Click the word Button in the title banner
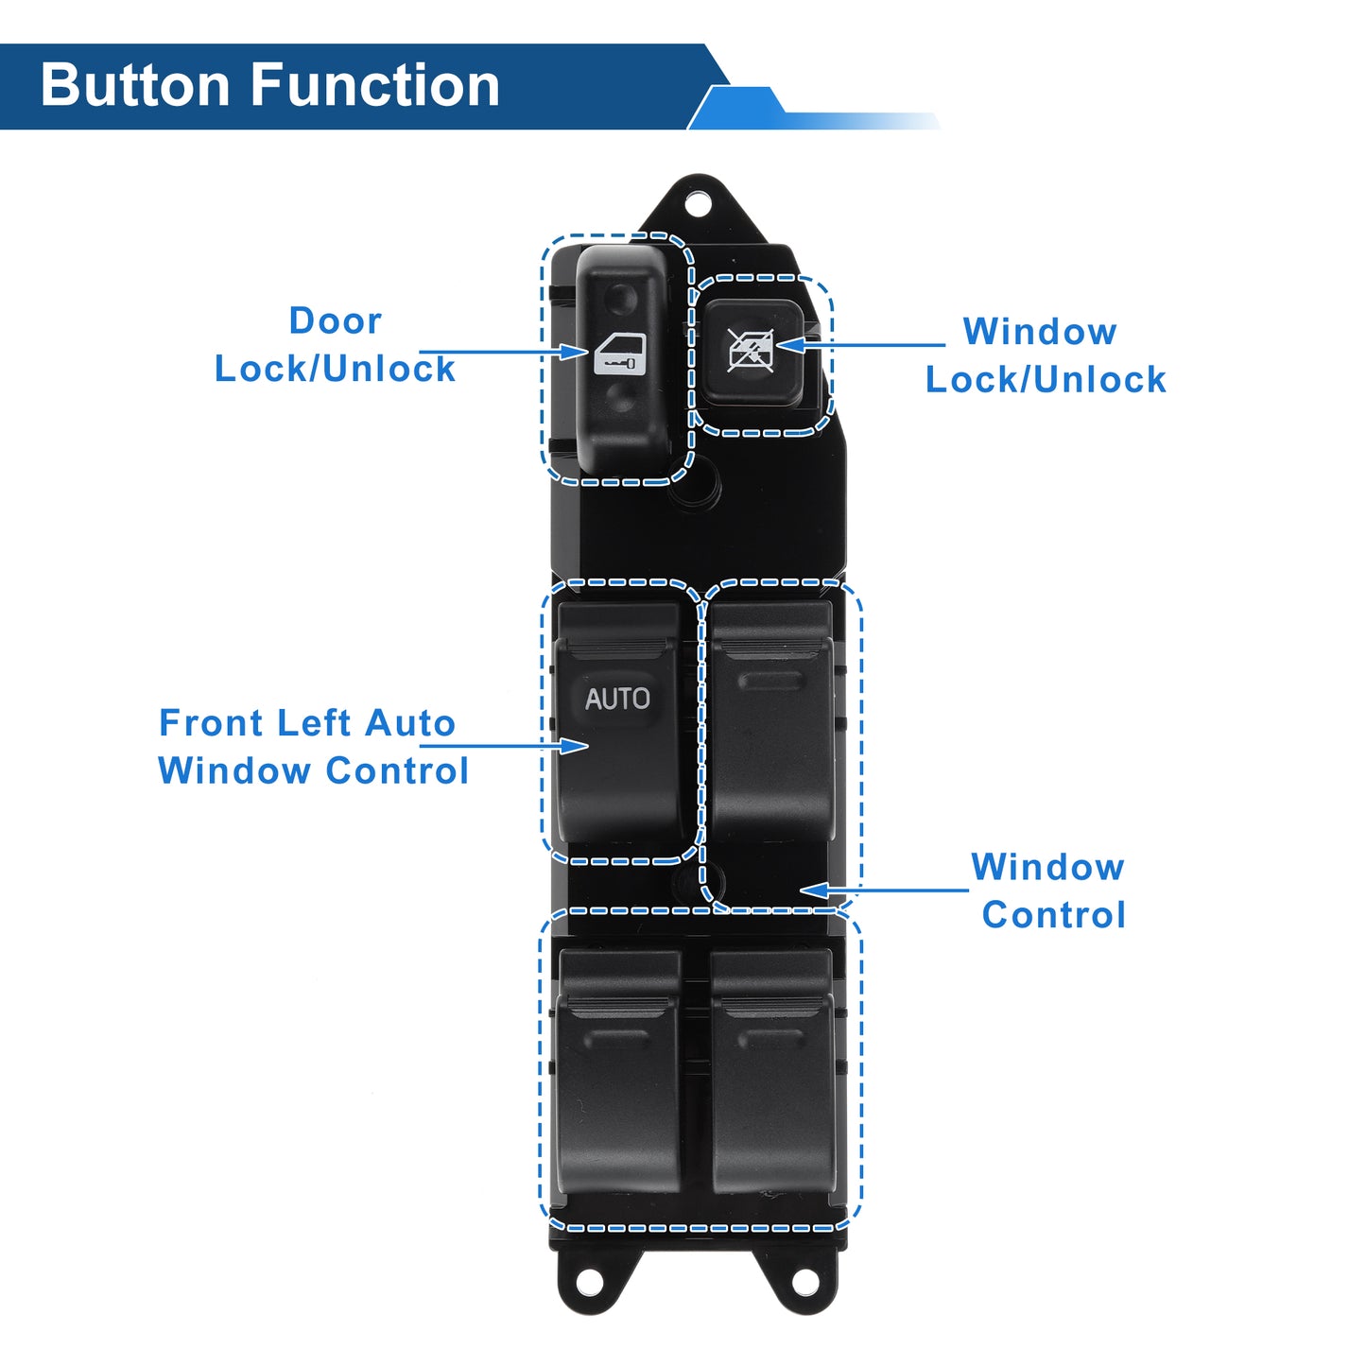coord(134,85)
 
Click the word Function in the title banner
coord(375,85)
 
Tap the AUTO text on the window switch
coord(616,699)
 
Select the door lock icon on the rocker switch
coord(619,354)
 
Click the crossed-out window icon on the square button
coord(752,350)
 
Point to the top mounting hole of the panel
coord(698,205)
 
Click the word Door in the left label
coord(336,320)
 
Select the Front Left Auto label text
coord(307,723)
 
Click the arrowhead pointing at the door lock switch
coord(573,352)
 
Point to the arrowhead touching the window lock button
coord(791,345)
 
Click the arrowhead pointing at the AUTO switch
coord(573,746)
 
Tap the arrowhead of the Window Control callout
coord(815,890)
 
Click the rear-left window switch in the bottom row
coord(618,1071)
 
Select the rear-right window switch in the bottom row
coord(772,1071)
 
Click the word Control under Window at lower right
coord(1054,914)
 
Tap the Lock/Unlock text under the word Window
coord(1046,379)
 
